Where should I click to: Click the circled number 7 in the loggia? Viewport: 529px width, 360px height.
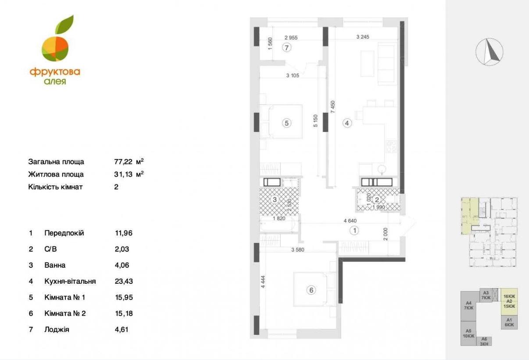pyautogui.click(x=286, y=48)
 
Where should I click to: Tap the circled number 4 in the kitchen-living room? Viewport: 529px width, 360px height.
pyautogui.click(x=347, y=123)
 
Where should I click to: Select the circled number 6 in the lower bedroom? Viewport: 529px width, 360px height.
pyautogui.click(x=311, y=290)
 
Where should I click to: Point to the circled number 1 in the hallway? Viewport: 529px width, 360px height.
pyautogui.click(x=354, y=230)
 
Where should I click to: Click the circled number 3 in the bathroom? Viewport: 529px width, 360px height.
pyautogui.click(x=275, y=200)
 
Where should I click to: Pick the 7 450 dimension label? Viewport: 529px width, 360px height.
pyautogui.click(x=333, y=107)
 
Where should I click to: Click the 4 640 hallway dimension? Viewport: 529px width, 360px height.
pyautogui.click(x=350, y=221)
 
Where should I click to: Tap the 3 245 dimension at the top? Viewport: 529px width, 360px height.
pyautogui.click(x=363, y=37)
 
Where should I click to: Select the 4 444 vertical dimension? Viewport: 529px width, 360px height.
pyautogui.click(x=263, y=282)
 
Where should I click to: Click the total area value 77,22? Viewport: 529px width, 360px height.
pyautogui.click(x=123, y=162)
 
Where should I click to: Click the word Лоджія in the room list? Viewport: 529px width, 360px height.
pyautogui.click(x=57, y=330)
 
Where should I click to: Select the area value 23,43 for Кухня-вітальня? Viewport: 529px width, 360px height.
pyautogui.click(x=124, y=282)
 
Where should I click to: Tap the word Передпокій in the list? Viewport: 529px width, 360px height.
pyautogui.click(x=64, y=233)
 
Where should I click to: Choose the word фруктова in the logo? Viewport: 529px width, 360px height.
pyautogui.click(x=55, y=72)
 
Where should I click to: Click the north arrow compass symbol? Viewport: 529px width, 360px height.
pyautogui.click(x=490, y=52)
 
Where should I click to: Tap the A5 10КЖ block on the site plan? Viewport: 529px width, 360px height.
pyautogui.click(x=468, y=333)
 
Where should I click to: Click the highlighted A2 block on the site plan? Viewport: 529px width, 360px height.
pyautogui.click(x=509, y=301)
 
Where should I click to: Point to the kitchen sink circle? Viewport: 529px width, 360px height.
pyautogui.click(x=382, y=169)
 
